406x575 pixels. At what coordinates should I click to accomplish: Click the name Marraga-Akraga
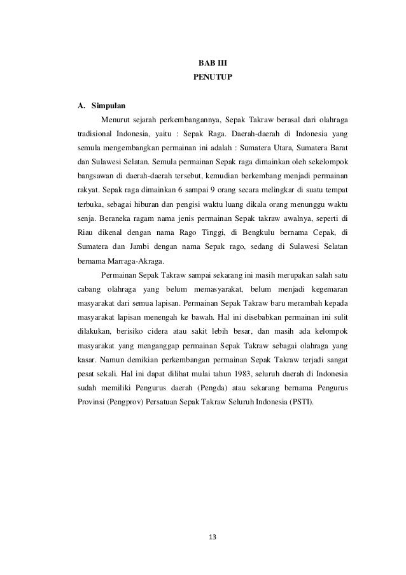[130, 260]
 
